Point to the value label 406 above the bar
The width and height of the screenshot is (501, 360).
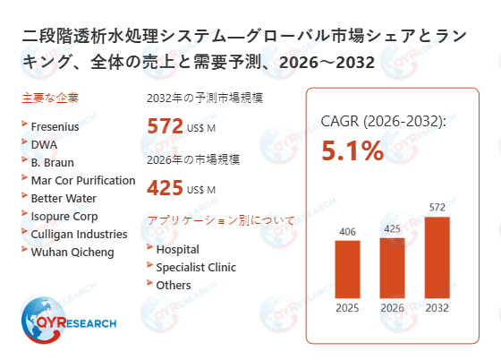(x=348, y=231)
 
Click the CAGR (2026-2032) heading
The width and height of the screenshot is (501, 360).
(x=383, y=121)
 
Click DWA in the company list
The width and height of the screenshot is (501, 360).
(x=44, y=144)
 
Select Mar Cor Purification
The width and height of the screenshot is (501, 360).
(x=82, y=180)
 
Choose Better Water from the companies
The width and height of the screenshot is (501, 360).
(x=64, y=198)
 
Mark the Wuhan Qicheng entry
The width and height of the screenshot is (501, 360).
(x=72, y=252)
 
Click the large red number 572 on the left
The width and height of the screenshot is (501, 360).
(x=166, y=126)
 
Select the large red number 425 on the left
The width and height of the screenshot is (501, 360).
(x=166, y=189)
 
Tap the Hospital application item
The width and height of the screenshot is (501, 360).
(x=177, y=249)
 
